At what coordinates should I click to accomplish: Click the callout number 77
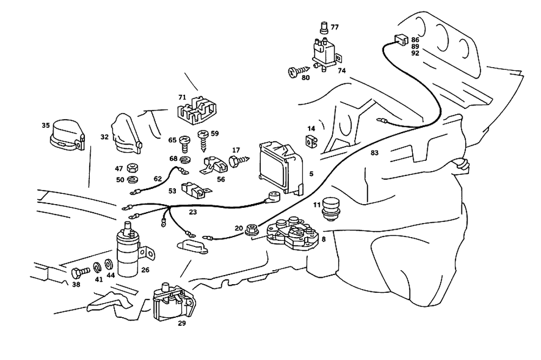335,27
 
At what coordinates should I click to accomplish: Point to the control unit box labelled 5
281,168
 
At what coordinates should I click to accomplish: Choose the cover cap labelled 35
67,134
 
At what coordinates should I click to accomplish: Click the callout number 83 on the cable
374,153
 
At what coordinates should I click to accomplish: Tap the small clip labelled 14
310,142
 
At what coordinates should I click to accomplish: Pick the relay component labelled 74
324,51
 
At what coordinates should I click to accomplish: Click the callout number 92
415,54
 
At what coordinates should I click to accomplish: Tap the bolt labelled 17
237,161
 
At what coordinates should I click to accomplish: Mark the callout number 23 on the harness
192,213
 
